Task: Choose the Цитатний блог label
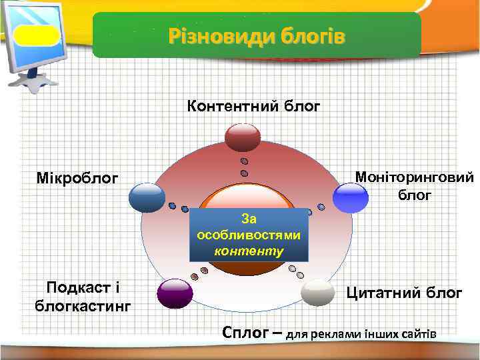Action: [x=403, y=292]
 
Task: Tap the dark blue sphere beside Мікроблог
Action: [x=147, y=197]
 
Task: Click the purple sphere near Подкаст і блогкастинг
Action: [x=175, y=294]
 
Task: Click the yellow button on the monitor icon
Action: [x=36, y=35]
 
